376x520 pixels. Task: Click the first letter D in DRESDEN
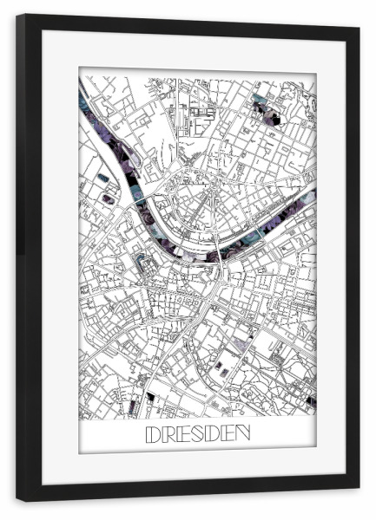[152, 432]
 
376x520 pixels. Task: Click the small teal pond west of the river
[103, 178]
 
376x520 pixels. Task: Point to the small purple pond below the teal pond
[108, 198]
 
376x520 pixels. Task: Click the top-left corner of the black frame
[18, 16]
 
